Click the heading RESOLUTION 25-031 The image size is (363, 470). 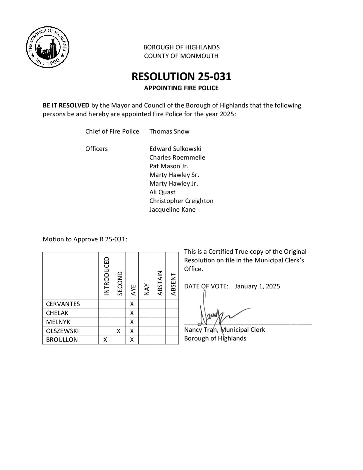181,76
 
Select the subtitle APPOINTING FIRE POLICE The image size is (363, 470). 181,88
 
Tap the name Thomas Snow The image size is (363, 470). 169,131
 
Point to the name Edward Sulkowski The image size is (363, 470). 175,149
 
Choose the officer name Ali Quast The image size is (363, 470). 162,192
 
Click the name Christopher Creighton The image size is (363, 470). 181,201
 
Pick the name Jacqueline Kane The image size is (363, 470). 172,210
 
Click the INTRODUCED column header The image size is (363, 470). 106,276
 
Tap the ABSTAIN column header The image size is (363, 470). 159,283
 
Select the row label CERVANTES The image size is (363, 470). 63,304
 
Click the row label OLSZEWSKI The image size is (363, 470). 63,331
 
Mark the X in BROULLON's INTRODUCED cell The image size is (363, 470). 105,340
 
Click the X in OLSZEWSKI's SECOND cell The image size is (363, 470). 118,331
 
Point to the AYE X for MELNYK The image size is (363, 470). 132,322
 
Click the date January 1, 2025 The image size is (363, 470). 257,286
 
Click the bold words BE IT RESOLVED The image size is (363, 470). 66,105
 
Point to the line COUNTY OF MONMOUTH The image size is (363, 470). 181,56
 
